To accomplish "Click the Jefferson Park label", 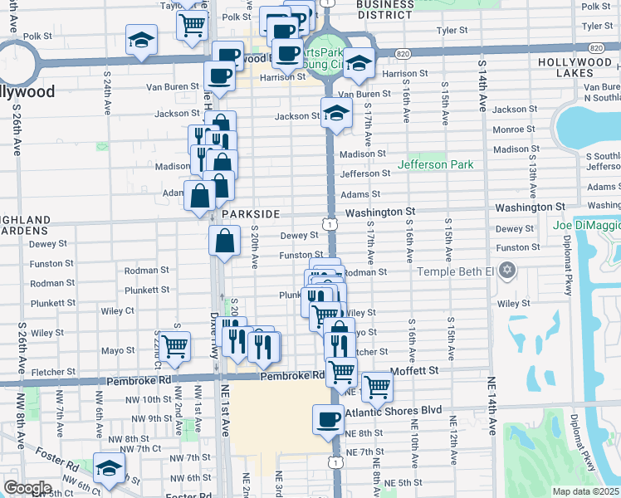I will pos(435,164).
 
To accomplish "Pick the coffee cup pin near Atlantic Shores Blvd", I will pos(327,419).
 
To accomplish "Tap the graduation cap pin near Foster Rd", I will pos(109,468).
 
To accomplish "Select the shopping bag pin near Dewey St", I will pos(226,242).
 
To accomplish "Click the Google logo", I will pos(27,488).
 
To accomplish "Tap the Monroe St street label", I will pos(508,129).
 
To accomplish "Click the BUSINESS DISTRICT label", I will pos(385,9).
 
